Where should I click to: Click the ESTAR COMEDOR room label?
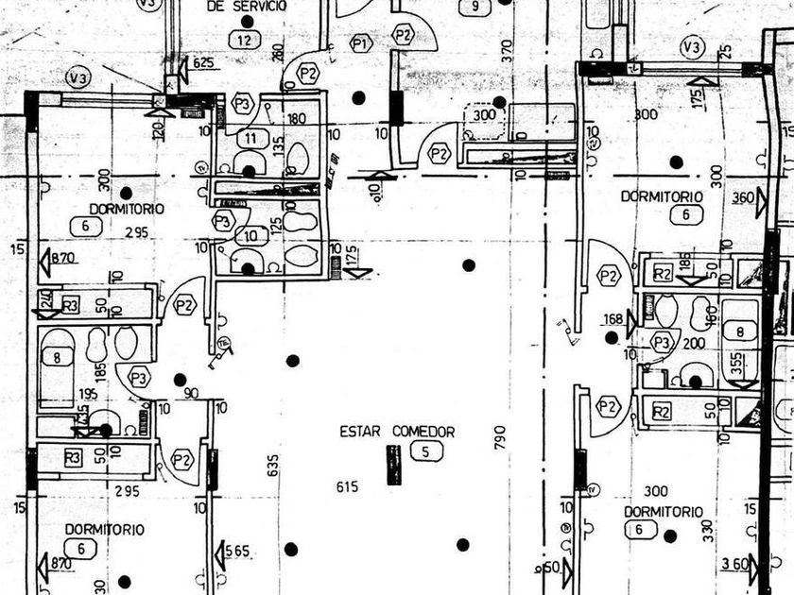(397, 432)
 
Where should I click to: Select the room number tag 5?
(426, 451)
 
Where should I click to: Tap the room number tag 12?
(245, 40)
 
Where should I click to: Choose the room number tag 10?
(250, 236)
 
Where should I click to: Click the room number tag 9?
(475, 8)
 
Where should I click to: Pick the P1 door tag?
(360, 42)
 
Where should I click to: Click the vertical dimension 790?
(501, 436)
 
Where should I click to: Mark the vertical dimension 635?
(274, 465)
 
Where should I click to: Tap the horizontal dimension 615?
(348, 486)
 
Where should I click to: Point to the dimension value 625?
(203, 62)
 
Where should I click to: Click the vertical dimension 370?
(507, 50)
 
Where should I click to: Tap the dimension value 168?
(613, 319)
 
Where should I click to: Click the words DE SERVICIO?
(247, 6)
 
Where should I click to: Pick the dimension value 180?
(297, 119)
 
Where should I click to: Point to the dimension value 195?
(88, 393)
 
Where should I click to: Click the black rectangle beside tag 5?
(393, 465)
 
